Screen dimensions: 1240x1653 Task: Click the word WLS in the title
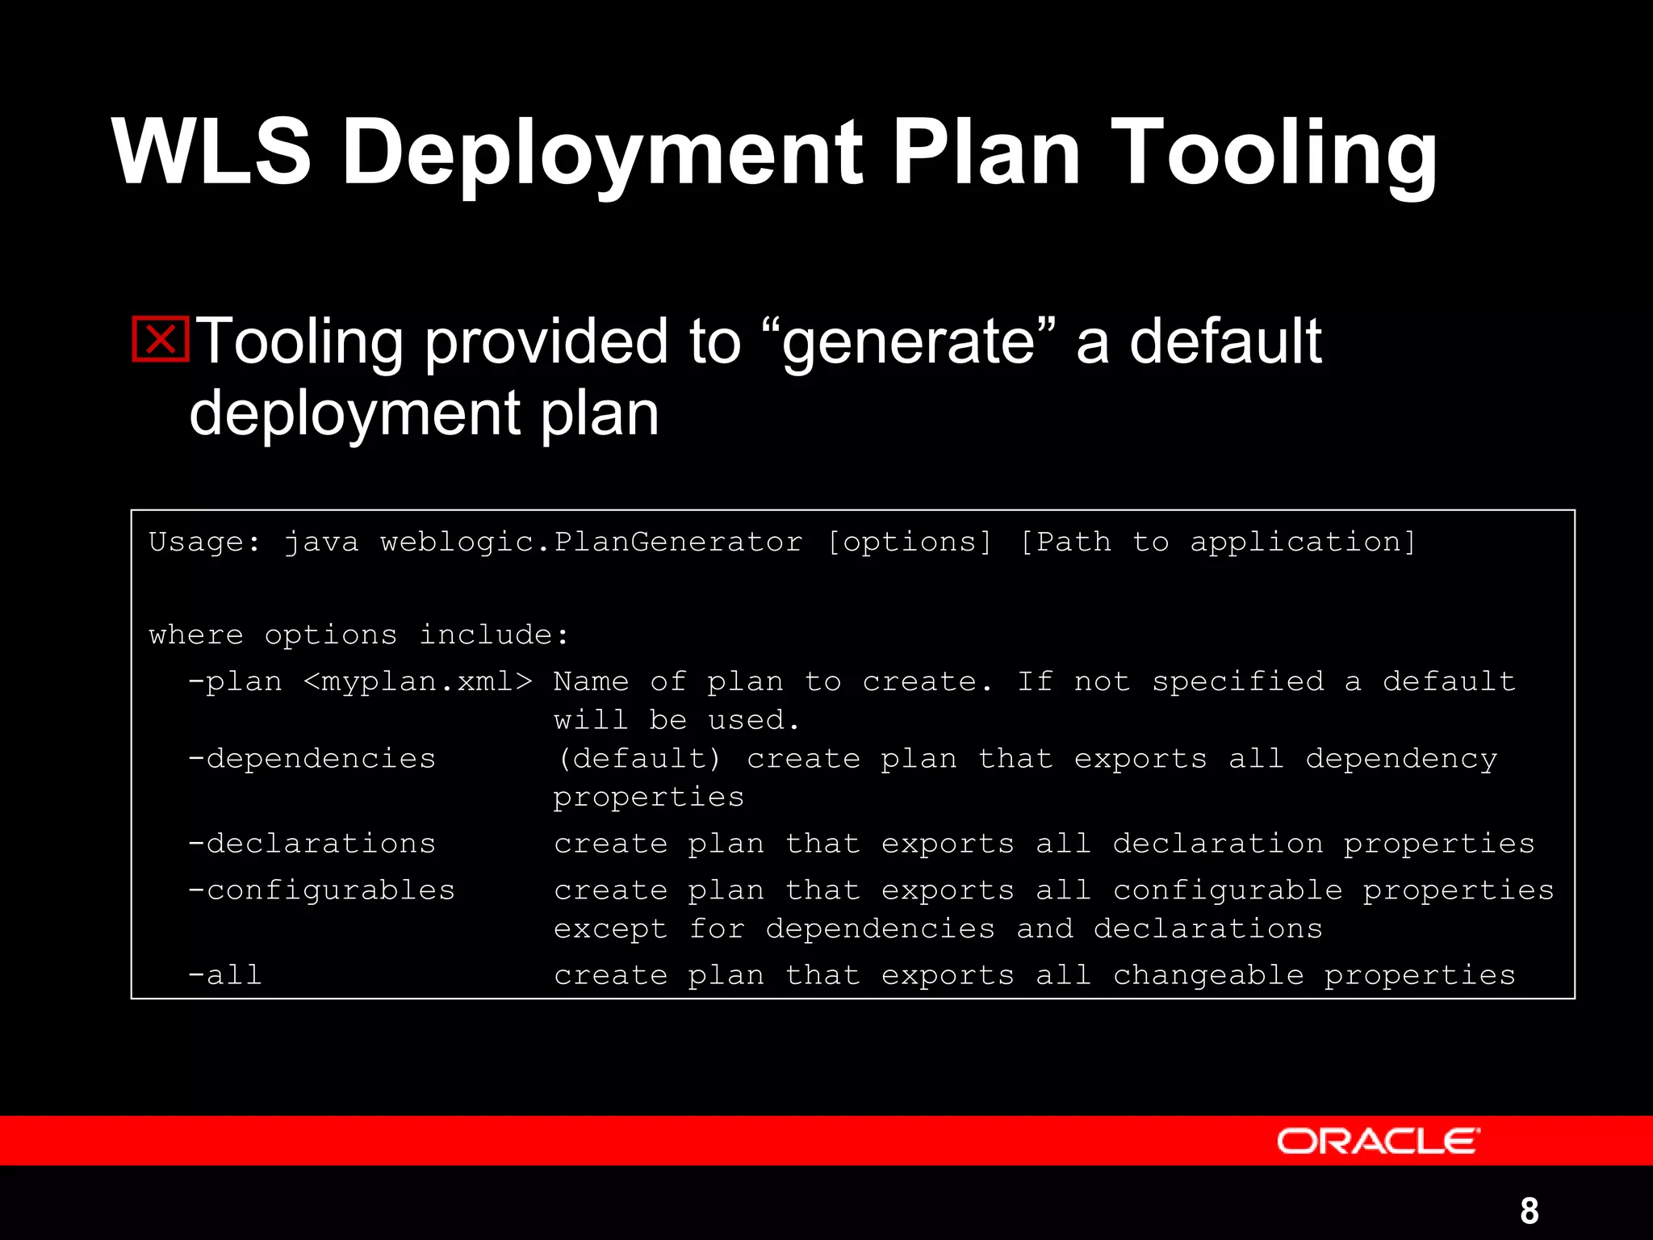click(x=211, y=152)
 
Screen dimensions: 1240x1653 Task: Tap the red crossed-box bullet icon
click(x=160, y=339)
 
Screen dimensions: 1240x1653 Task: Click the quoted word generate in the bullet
click(x=907, y=341)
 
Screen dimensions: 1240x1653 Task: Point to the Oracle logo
click(x=1378, y=1141)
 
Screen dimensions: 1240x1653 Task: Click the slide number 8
click(x=1529, y=1210)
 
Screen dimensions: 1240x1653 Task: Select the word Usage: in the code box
click(x=205, y=542)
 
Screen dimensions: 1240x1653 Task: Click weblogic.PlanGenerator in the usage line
click(x=592, y=542)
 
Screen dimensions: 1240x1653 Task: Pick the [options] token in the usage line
click(x=910, y=542)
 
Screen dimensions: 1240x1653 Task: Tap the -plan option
click(x=235, y=682)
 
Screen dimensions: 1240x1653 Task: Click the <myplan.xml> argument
click(x=417, y=682)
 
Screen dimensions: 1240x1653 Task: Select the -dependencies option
click(x=312, y=759)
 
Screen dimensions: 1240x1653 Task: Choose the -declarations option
click(x=312, y=844)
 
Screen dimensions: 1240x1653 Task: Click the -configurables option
click(x=321, y=890)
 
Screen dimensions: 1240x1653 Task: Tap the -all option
click(x=224, y=975)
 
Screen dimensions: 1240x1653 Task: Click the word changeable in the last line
click(x=1208, y=975)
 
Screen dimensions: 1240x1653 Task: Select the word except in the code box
click(x=610, y=929)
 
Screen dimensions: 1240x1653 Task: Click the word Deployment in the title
click(x=602, y=152)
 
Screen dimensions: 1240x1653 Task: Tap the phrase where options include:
click(x=359, y=635)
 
